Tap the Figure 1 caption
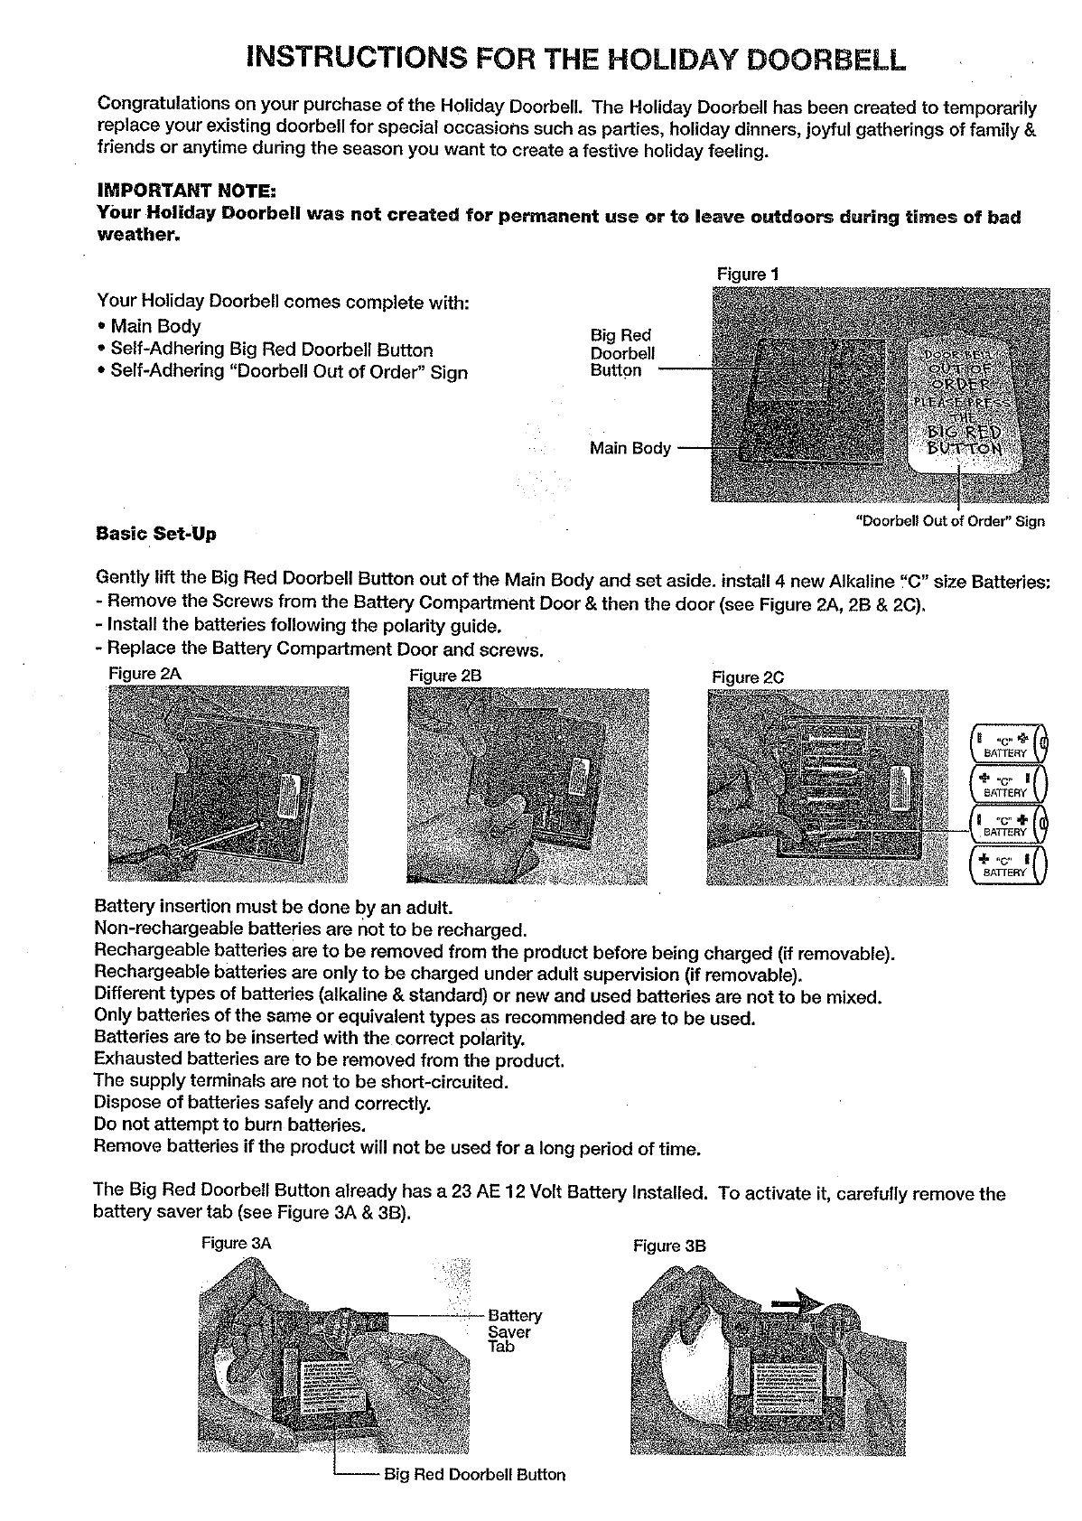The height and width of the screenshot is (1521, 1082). pyautogui.click(x=748, y=274)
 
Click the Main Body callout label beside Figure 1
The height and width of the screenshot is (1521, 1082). pyautogui.click(x=630, y=448)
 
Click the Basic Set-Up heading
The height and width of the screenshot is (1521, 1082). pyautogui.click(x=156, y=534)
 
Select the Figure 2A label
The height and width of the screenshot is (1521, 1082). pyautogui.click(x=138, y=674)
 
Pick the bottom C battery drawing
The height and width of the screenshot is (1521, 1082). pyautogui.click(x=1008, y=865)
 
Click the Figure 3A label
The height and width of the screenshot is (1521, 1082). pyautogui.click(x=236, y=1243)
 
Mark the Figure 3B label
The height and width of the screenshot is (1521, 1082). pyautogui.click(x=669, y=1246)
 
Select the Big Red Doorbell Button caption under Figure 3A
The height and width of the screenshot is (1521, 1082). pyautogui.click(x=475, y=1474)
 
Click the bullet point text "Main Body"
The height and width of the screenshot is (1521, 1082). pyautogui.click(x=155, y=326)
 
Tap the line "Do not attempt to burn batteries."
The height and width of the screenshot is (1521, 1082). pyautogui.click(x=229, y=1125)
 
